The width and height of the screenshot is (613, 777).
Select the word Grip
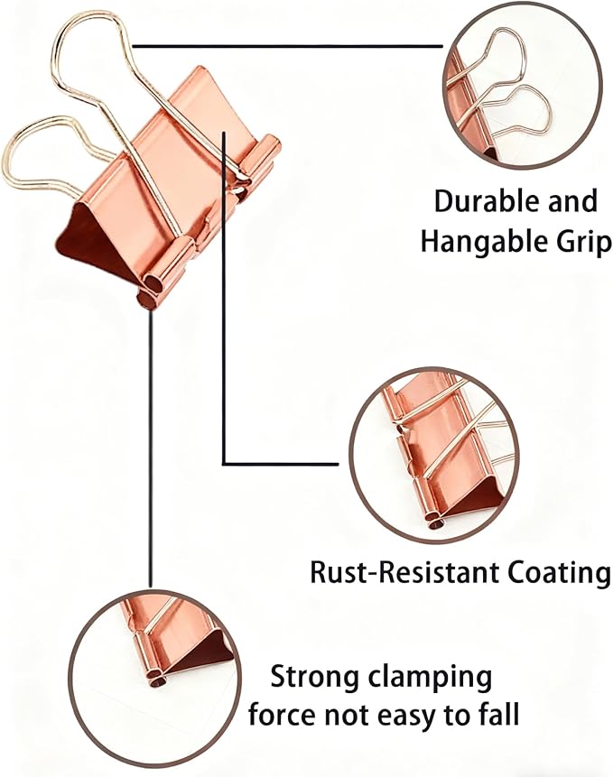click(575, 243)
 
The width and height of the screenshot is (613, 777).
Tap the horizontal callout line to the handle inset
click(287, 46)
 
